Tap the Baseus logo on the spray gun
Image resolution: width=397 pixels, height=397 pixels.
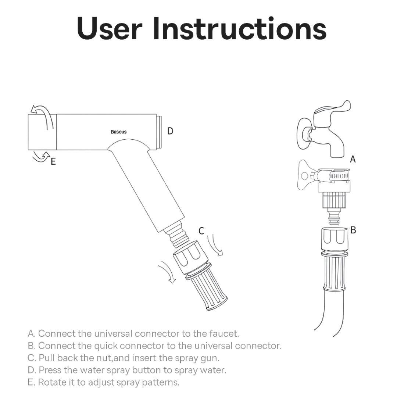click(x=118, y=132)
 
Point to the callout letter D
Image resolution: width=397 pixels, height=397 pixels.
click(x=170, y=131)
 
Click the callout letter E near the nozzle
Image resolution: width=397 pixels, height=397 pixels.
click(x=53, y=161)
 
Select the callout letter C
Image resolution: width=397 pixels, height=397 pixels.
click(x=201, y=231)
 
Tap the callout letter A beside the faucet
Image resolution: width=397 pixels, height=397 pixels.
click(x=353, y=159)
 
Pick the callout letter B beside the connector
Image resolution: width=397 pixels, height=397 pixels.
click(x=353, y=230)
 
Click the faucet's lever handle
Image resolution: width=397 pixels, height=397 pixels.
click(x=333, y=109)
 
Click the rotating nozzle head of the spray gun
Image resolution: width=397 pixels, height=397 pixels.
click(x=42, y=132)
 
